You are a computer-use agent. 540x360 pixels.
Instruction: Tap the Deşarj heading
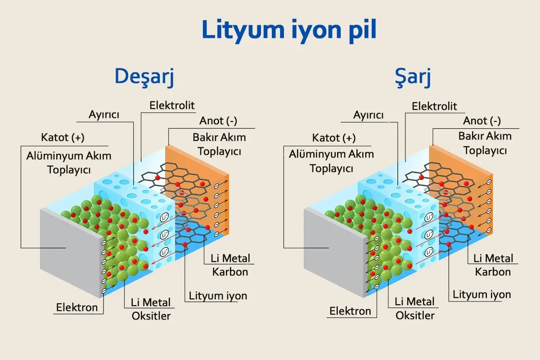(144, 76)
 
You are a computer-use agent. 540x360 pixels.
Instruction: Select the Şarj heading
(413, 77)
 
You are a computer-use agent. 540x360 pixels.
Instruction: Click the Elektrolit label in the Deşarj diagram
(172, 105)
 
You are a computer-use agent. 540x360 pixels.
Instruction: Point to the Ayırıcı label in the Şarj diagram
(368, 115)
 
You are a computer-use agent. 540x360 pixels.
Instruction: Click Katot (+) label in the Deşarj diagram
(63, 137)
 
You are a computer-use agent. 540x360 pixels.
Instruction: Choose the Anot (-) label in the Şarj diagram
(482, 121)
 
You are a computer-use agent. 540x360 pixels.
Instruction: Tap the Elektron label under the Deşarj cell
(77, 307)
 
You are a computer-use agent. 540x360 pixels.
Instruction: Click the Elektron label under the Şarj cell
(350, 311)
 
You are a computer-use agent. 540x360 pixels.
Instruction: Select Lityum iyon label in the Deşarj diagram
(218, 296)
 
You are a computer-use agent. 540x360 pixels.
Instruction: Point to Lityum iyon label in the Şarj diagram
(481, 295)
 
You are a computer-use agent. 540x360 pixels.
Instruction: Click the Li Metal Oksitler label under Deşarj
(151, 309)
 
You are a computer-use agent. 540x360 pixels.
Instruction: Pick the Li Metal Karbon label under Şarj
(493, 265)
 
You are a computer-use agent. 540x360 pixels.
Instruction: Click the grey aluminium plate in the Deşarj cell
(72, 252)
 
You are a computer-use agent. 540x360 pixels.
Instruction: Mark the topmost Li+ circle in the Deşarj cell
(164, 218)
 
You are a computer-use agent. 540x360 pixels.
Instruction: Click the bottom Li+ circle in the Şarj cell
(429, 252)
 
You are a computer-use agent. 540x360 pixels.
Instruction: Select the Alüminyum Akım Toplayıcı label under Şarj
(332, 161)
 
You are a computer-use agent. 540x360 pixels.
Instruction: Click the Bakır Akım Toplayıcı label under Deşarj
(219, 144)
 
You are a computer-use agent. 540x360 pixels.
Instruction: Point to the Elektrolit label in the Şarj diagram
(434, 106)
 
